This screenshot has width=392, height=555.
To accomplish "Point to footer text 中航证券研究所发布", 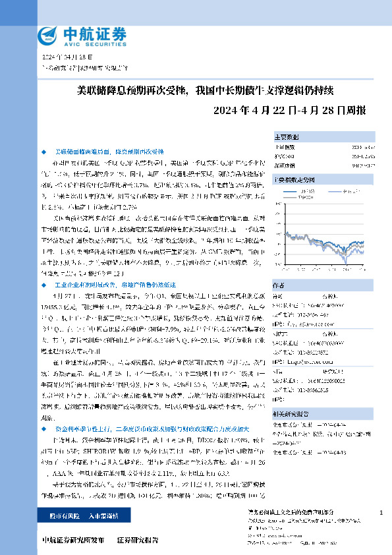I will tap(72, 540).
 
